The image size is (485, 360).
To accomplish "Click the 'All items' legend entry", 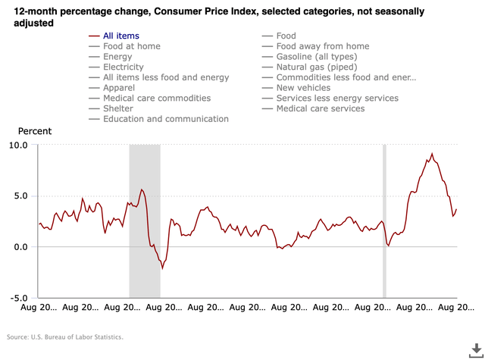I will point(121,36).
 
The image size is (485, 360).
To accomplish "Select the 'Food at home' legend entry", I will point(131,46).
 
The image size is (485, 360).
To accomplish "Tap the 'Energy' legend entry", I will point(117,57).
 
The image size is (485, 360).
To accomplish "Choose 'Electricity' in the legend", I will point(123,67).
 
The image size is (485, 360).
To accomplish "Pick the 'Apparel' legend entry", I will point(120,88).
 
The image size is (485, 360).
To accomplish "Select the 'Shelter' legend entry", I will point(118,108).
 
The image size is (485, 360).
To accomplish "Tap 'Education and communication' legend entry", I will point(165,119).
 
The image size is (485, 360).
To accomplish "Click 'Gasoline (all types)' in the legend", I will point(324,57).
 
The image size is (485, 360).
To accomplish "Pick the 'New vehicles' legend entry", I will point(303,88).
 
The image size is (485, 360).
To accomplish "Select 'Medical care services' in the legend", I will point(320,108).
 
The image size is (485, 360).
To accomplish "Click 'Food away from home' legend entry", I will point(323,46).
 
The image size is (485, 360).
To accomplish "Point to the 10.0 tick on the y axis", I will point(17,145).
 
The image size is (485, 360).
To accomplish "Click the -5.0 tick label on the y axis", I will point(17,298).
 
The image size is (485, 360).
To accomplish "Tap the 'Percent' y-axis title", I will point(34,131).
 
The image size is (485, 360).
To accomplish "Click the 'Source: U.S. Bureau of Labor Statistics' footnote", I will point(64,337).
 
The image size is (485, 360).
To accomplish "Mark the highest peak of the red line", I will point(432,154).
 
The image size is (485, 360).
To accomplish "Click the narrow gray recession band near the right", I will point(384,220).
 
